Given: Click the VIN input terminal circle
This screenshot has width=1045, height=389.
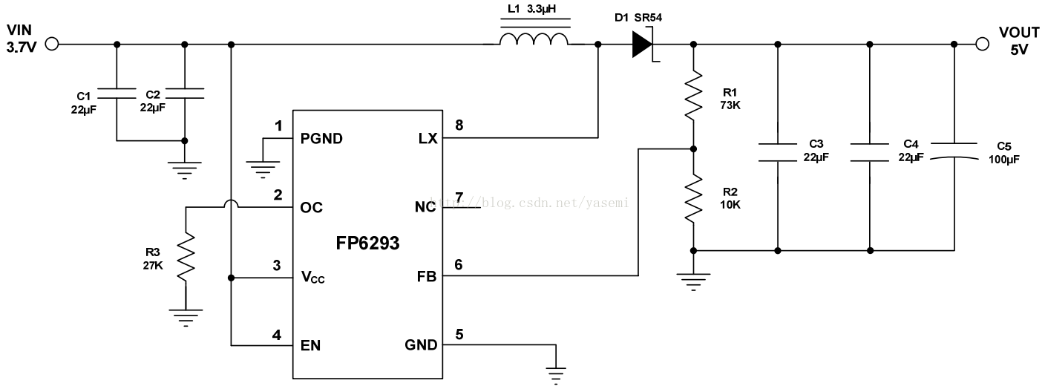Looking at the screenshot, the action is coord(52,45).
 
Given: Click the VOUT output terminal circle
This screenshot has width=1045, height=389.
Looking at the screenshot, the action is coord(982,45).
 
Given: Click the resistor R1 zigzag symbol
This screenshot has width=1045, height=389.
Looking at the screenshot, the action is coord(693,95).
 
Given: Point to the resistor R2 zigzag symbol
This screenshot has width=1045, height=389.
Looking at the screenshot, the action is coord(693,197).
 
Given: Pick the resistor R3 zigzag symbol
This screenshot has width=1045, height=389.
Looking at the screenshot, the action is coord(186,257).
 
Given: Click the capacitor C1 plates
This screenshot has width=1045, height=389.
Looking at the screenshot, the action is coord(117,94).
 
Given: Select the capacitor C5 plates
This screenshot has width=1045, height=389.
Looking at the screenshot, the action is coord(954,151).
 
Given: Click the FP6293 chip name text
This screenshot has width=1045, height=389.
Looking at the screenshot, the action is coord(367,243).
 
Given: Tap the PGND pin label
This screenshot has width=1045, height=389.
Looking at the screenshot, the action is coord(321,139).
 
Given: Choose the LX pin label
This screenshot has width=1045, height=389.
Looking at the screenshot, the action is coord(427,139).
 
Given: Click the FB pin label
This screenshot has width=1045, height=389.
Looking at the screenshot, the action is coord(427,277).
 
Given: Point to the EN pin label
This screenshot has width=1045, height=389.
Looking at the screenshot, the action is coord(310,346).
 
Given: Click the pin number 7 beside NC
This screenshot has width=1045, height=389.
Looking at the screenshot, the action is coord(459,197).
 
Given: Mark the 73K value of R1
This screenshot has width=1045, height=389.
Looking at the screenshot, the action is coord(730,105).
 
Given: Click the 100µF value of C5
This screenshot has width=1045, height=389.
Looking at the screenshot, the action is coord(1004,160).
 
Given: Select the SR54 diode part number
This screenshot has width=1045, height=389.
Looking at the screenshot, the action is coord(648,18).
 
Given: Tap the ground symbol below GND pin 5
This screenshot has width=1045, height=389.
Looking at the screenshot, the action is coord(556,376).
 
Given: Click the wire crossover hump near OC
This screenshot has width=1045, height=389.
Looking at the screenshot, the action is coord(231,203).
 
